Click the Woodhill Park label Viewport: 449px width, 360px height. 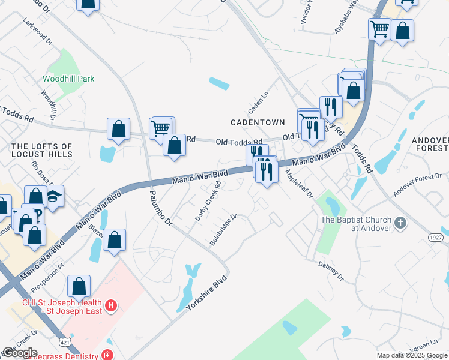tap(68, 79)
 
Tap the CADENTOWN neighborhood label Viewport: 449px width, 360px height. tap(258, 122)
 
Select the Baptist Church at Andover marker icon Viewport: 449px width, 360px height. tap(401, 224)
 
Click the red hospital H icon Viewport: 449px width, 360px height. tap(110, 306)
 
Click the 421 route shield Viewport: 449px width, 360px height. tap(64, 341)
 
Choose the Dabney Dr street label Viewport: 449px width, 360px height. tap(330, 271)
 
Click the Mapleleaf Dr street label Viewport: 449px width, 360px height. tap(300, 186)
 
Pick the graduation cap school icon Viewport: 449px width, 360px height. tap(54, 196)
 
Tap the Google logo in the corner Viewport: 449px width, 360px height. tap(19, 353)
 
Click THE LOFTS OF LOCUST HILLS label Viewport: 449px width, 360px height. tap(42, 150)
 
